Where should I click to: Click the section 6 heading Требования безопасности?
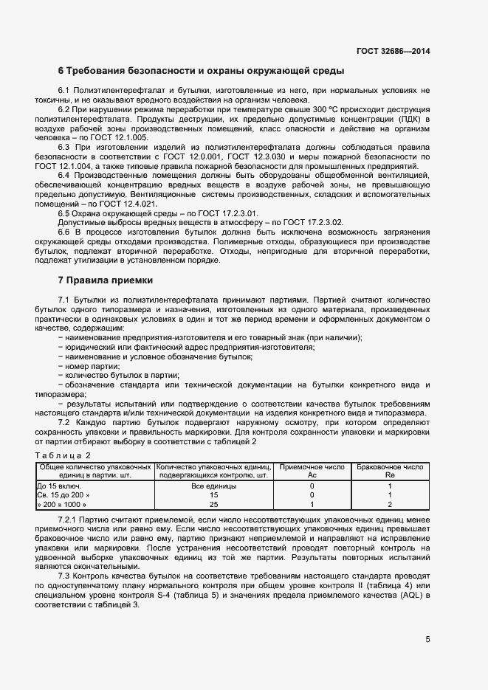click(201, 72)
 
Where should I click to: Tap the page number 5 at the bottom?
click(427, 639)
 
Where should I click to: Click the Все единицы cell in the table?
click(213, 486)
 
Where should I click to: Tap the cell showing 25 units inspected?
click(213, 504)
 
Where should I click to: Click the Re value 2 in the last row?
click(389, 504)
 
